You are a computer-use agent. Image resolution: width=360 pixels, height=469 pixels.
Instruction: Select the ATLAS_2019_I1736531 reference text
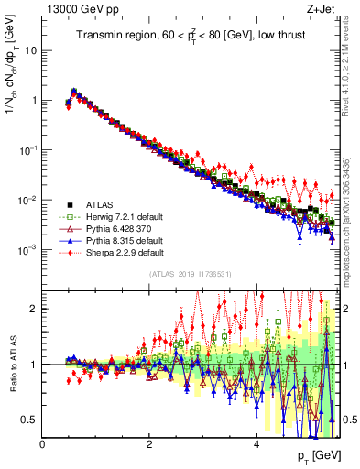point(190,273)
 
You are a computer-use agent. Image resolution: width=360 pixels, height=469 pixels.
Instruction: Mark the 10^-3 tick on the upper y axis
point(29,250)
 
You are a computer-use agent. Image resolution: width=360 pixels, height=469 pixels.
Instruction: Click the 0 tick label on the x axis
point(42,444)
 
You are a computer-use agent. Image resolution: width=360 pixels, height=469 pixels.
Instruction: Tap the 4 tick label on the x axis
point(256,444)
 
